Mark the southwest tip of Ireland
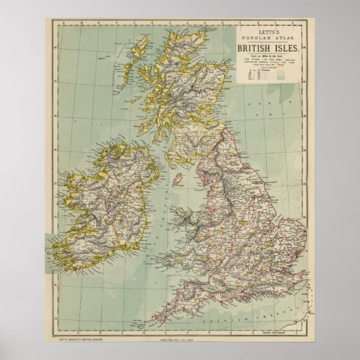coord(56,249)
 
